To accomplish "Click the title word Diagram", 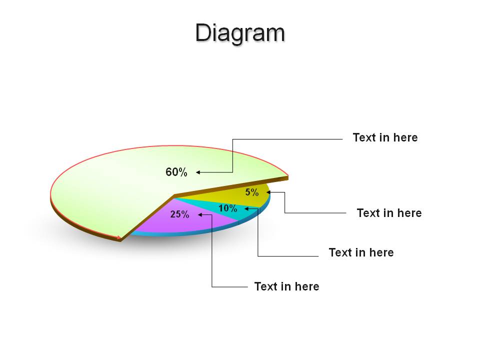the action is [240, 33].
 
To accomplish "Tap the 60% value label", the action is [176, 172].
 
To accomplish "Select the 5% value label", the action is [252, 192].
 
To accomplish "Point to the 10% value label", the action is [228, 208].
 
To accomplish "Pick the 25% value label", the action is [179, 214].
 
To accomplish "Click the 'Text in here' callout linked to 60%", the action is [385, 137].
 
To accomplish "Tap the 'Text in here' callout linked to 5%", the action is [389, 213].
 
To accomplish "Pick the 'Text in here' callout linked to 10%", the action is [361, 252].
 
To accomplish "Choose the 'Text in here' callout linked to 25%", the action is [287, 286].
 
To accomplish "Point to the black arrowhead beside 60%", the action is [198, 172].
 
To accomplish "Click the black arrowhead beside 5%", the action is [268, 192].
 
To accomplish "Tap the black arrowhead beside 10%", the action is [246, 209].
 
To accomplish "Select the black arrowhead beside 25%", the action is [200, 214].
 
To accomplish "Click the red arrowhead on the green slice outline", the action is [119, 237].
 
